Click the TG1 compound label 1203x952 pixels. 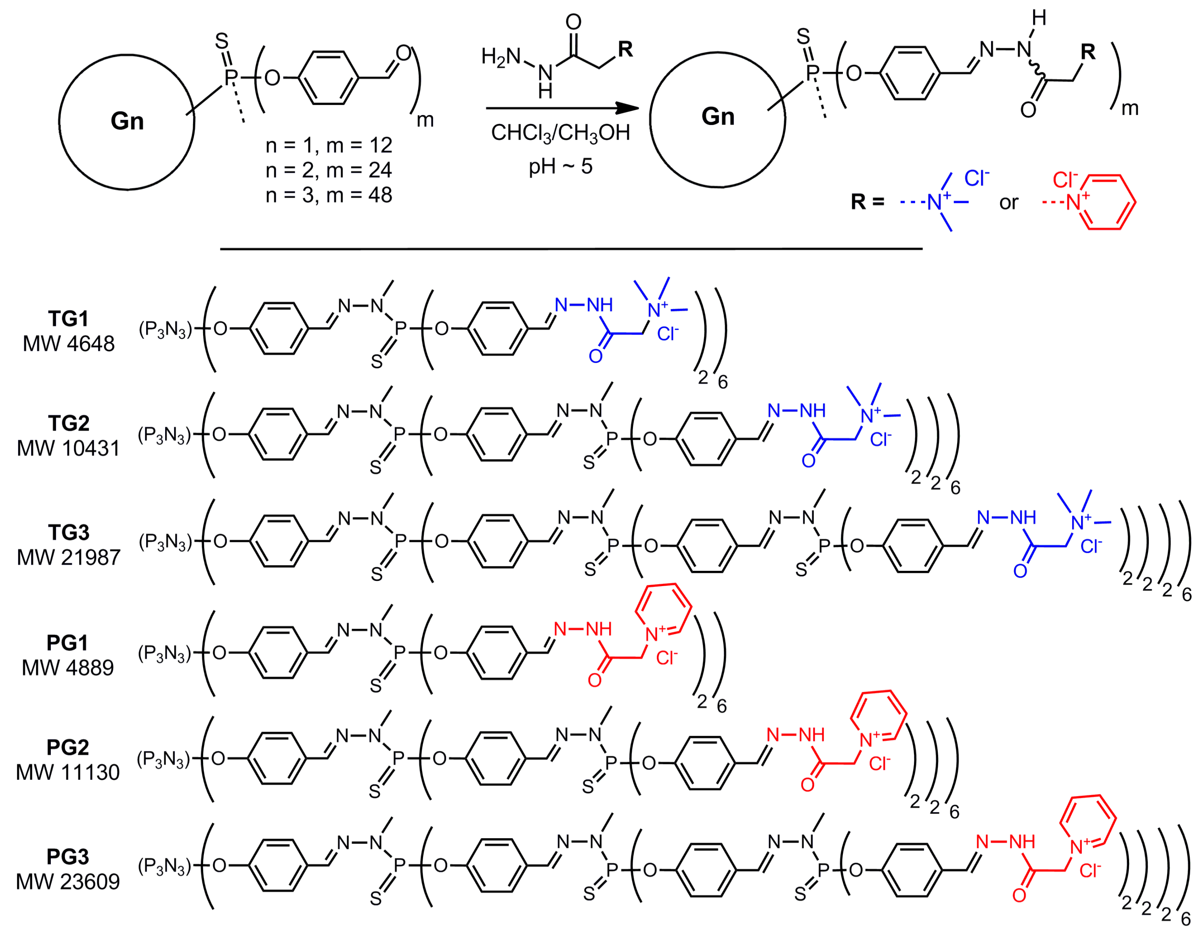[68, 319]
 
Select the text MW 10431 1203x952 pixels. [68, 449]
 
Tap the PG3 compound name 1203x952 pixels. [67, 857]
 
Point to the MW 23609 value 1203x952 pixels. [67, 882]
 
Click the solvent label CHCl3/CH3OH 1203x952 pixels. [560, 133]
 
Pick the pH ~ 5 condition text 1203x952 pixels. [560, 166]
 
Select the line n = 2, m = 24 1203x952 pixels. [329, 170]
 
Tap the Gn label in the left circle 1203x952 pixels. [127, 121]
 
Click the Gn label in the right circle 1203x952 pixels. [718, 117]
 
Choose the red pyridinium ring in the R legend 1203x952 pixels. [1110, 202]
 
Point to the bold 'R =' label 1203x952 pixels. [867, 202]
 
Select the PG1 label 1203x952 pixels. [67, 643]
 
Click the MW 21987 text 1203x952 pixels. [68, 557]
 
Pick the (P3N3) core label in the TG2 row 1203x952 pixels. [165, 435]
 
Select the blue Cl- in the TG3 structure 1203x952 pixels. [1090, 546]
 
